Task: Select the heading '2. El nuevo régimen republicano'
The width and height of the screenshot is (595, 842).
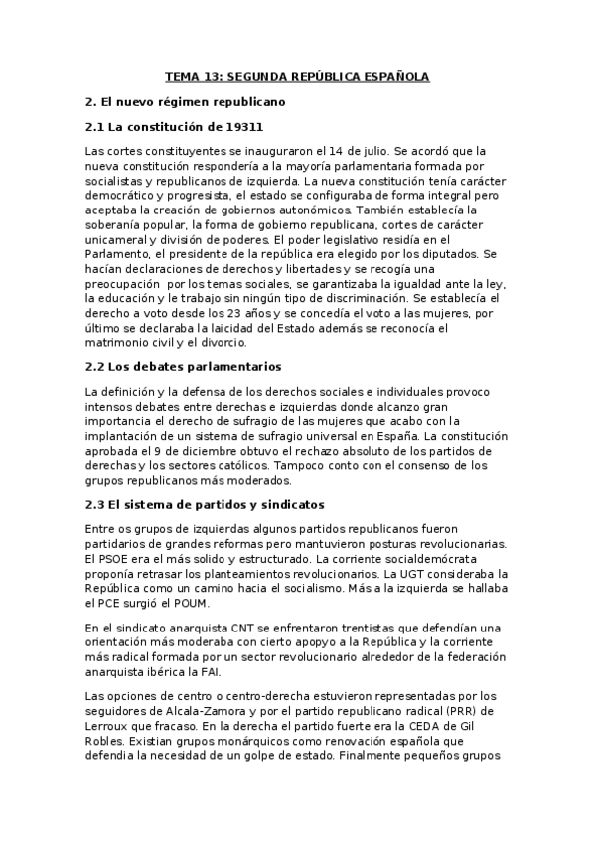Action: pos(186,101)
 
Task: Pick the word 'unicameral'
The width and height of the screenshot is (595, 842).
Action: pos(119,239)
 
